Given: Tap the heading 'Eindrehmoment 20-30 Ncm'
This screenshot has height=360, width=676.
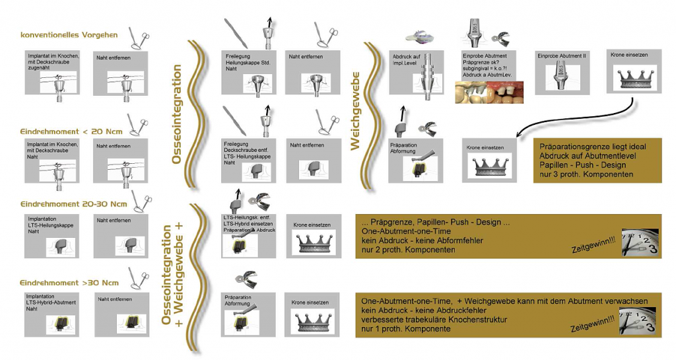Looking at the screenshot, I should tap(73, 203).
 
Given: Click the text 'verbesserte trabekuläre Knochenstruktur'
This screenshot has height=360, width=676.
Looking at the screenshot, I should tap(434, 319).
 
